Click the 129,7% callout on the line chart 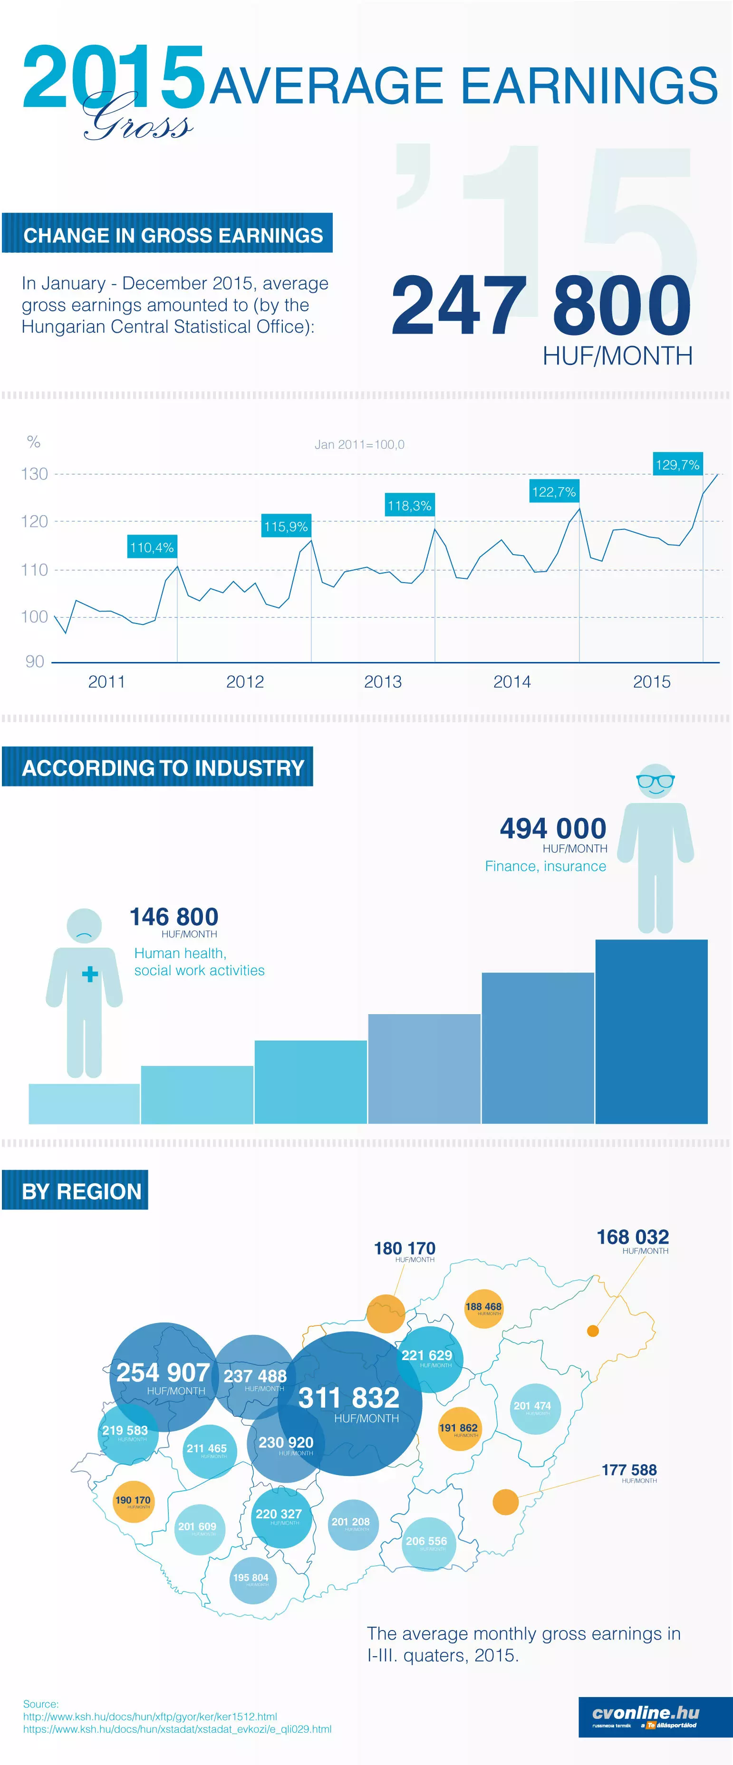pyautogui.click(x=677, y=465)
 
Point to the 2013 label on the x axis pyautogui.click(x=382, y=682)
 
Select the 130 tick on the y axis pyautogui.click(x=34, y=474)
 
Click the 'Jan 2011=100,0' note pyautogui.click(x=359, y=445)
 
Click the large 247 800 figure pyautogui.click(x=540, y=306)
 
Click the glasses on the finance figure pyautogui.click(x=656, y=780)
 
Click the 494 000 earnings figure pyautogui.click(x=553, y=828)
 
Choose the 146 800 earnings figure pyautogui.click(x=174, y=917)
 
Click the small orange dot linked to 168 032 pyautogui.click(x=593, y=1331)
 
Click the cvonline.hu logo pyautogui.click(x=646, y=1717)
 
